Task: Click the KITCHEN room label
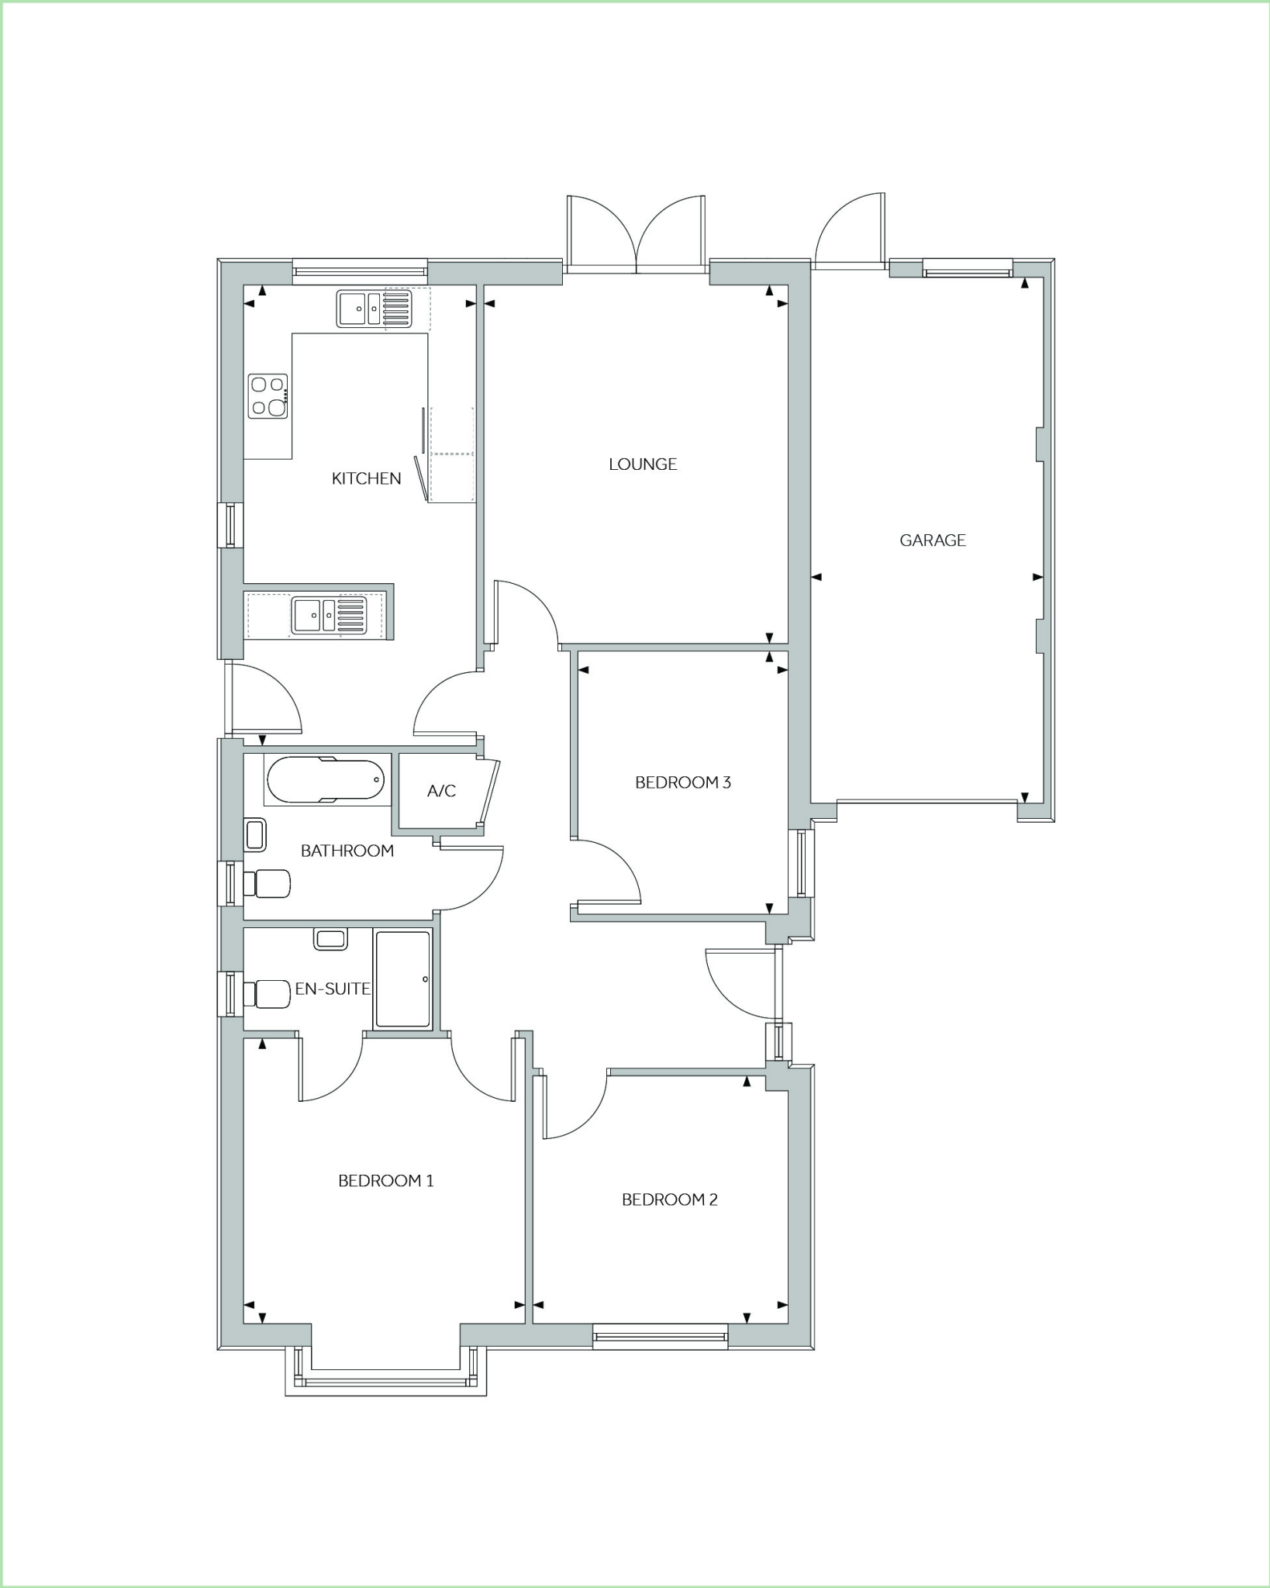pyautogui.click(x=366, y=478)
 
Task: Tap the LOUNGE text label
pyautogui.click(x=642, y=464)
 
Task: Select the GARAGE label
pyautogui.click(x=932, y=540)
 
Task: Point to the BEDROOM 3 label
pyautogui.click(x=682, y=782)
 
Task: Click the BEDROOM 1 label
pyautogui.click(x=385, y=1180)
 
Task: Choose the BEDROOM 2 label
pyautogui.click(x=669, y=1200)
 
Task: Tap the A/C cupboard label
pyautogui.click(x=441, y=791)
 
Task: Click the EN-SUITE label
pyautogui.click(x=332, y=989)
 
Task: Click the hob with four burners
pyautogui.click(x=267, y=395)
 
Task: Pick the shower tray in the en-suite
pyautogui.click(x=402, y=979)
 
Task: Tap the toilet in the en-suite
pyautogui.click(x=267, y=994)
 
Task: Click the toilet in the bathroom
pyautogui.click(x=267, y=883)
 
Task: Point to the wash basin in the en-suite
pyautogui.click(x=330, y=939)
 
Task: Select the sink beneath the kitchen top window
pyautogui.click(x=374, y=308)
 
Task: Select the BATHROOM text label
pyautogui.click(x=347, y=851)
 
